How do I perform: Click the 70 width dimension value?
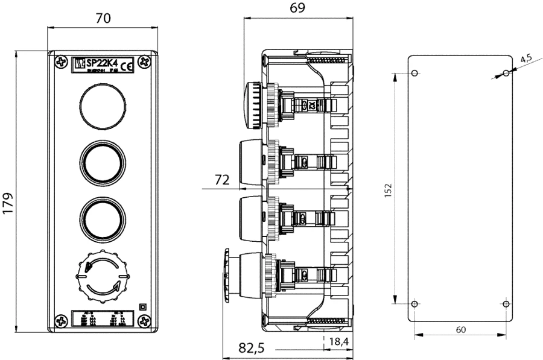click(103, 19)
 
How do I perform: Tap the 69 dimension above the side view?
click(298, 8)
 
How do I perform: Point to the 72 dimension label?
click(223, 179)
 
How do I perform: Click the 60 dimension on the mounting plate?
click(460, 329)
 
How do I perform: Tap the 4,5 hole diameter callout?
click(525, 58)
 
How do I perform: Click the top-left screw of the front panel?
click(60, 62)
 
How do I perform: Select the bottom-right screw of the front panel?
click(145, 320)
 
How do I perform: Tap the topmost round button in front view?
click(103, 107)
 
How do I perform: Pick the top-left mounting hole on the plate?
click(414, 74)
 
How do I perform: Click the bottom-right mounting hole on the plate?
click(506, 303)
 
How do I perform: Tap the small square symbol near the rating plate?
click(142, 306)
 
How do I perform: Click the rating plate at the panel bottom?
click(103, 319)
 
